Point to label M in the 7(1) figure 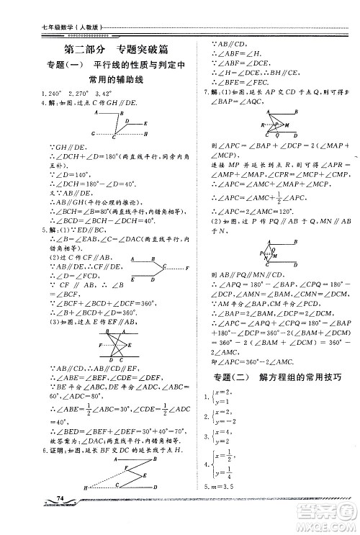click(x=268, y=124)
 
